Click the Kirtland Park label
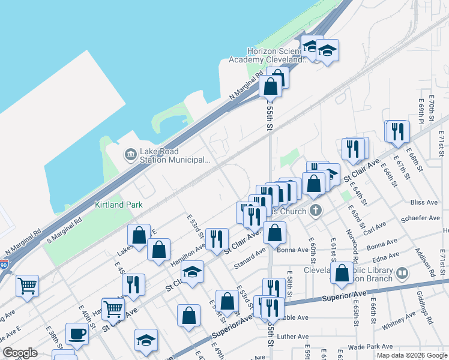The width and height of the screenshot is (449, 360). coord(119,205)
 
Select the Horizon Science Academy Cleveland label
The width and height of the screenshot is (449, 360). coord(268,56)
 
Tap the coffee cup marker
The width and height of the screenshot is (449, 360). coord(77,334)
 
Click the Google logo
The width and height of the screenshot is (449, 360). coord(20,353)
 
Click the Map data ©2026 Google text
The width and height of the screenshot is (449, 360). coord(411,355)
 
